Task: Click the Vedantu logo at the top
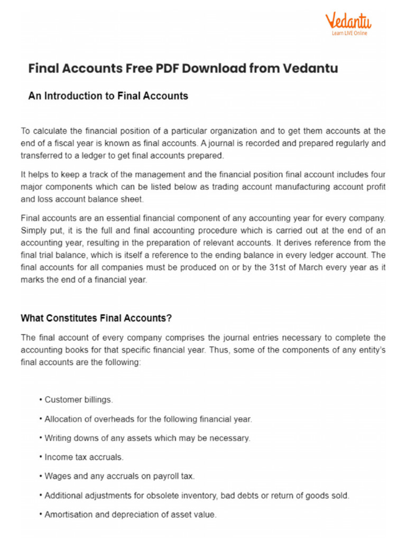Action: [x=348, y=21]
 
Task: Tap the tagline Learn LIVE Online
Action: [x=349, y=33]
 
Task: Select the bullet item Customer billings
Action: [x=78, y=400]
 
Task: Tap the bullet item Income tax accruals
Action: [x=84, y=457]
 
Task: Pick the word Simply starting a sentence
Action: [x=33, y=230]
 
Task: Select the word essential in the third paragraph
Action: [x=117, y=218]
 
